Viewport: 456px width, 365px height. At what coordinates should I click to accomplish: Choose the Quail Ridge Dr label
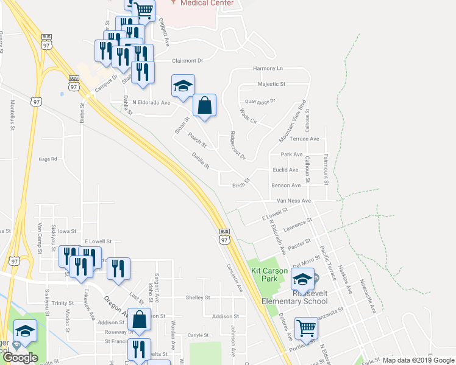[x=260, y=100]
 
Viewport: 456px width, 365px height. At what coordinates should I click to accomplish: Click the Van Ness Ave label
[x=294, y=200]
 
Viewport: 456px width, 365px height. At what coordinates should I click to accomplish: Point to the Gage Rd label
[x=48, y=159]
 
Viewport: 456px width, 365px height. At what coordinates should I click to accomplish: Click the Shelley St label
[x=198, y=298]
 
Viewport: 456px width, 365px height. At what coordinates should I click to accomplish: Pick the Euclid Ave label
[x=285, y=170]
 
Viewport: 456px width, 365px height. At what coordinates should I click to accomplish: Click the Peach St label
[x=198, y=141]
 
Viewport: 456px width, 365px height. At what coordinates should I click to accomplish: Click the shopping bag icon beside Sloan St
[x=205, y=105]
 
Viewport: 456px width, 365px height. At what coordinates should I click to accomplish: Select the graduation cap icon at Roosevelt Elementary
[x=302, y=279]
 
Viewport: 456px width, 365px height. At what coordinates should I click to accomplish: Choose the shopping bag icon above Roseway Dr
[x=140, y=319]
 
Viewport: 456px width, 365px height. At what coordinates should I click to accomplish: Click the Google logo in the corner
[x=20, y=358]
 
